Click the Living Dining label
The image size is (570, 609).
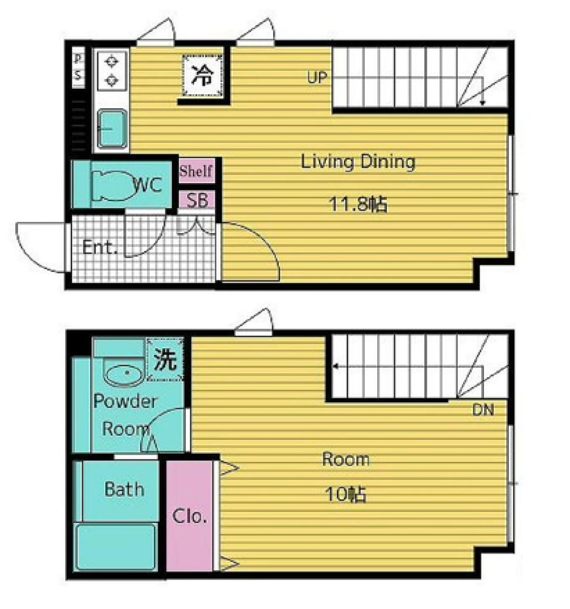click(358, 162)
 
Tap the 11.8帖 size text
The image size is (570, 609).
click(358, 204)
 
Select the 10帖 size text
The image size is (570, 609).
click(345, 494)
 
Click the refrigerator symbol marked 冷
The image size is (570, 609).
click(202, 75)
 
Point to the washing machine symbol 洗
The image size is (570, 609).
click(165, 359)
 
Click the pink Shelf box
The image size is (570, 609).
click(196, 171)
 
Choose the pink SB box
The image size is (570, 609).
click(196, 200)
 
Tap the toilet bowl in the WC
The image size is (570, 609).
click(114, 185)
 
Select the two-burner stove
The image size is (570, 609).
click(112, 71)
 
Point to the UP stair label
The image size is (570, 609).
click(317, 78)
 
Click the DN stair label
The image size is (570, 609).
click(483, 410)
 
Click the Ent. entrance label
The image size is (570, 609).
click(100, 247)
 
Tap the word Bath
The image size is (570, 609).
click(124, 489)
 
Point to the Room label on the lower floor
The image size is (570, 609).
click(346, 459)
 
